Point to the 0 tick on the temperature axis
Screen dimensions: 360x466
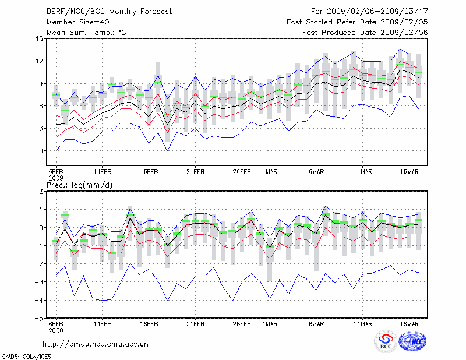click(x=41, y=151)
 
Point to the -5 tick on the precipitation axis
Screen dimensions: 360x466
click(x=40, y=319)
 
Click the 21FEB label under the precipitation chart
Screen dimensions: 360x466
click(x=195, y=324)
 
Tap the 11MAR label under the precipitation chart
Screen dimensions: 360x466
click(x=363, y=324)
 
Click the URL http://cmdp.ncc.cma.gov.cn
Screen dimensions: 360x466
click(x=96, y=344)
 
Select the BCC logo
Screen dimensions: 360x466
click(x=385, y=342)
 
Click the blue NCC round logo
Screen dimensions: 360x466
click(x=412, y=342)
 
